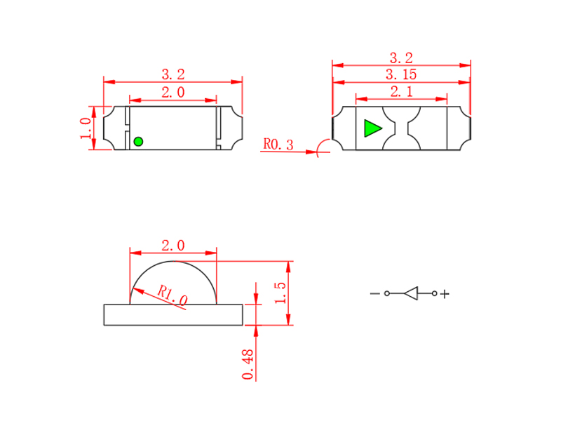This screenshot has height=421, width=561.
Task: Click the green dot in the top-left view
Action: (138, 142)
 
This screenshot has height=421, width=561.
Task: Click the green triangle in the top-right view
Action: (372, 128)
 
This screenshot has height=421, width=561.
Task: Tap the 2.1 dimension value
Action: (401, 91)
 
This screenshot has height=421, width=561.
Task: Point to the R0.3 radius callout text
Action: (278, 145)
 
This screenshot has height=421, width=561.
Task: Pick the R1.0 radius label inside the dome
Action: (172, 295)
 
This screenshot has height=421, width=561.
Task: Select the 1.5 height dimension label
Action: (280, 293)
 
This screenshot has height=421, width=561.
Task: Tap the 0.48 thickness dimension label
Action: (247, 364)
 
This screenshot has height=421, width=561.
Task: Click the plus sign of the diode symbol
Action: (445, 294)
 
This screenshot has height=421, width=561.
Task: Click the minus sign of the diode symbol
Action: (374, 293)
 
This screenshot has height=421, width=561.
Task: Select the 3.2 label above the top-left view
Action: (173, 74)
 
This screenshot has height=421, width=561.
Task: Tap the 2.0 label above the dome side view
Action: (173, 246)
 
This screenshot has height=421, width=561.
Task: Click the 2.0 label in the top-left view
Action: (173, 92)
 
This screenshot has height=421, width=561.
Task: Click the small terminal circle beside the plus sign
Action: (435, 293)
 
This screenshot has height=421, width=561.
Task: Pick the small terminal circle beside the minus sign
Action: (386, 293)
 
